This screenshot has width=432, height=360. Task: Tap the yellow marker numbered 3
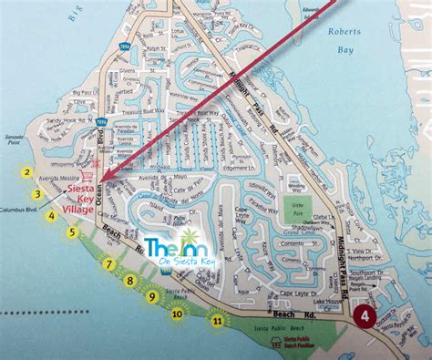(x=37, y=193)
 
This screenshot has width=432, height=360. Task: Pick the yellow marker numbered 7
(x=109, y=264)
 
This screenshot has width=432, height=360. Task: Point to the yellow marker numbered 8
(x=130, y=281)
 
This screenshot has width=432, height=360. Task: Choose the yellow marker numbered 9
(x=151, y=297)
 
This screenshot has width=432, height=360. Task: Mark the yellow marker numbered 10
(x=177, y=314)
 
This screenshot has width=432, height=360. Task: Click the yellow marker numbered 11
(x=216, y=320)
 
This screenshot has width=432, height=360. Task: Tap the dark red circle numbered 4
(x=365, y=316)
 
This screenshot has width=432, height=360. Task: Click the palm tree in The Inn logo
(x=174, y=244)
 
